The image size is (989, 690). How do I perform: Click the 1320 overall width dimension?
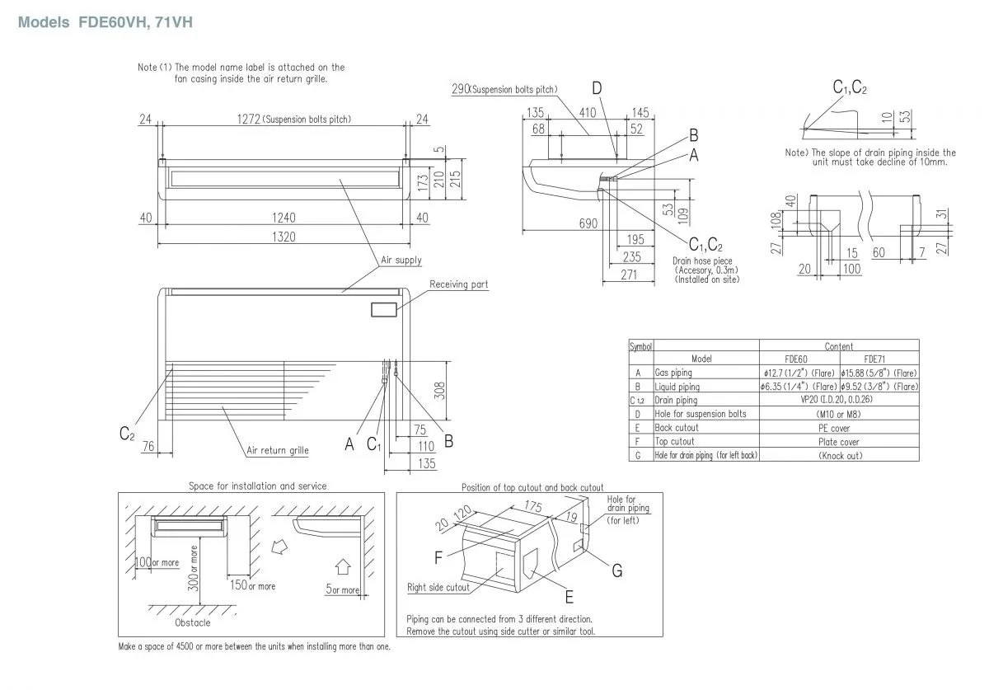click(284, 236)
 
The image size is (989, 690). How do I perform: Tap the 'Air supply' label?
click(401, 260)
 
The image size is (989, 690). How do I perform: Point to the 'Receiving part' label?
click(458, 284)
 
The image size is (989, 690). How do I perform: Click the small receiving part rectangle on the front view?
click(383, 310)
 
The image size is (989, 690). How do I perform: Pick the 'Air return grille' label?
click(278, 450)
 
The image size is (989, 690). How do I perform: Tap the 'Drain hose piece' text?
click(702, 261)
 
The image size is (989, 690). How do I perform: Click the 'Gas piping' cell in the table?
click(673, 373)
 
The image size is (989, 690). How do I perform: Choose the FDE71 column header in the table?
click(879, 359)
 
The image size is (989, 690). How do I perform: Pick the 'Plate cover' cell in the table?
click(839, 441)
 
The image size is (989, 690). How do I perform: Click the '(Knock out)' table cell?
click(839, 455)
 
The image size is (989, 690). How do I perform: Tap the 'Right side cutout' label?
click(438, 588)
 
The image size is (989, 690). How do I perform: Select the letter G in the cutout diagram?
click(616, 570)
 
